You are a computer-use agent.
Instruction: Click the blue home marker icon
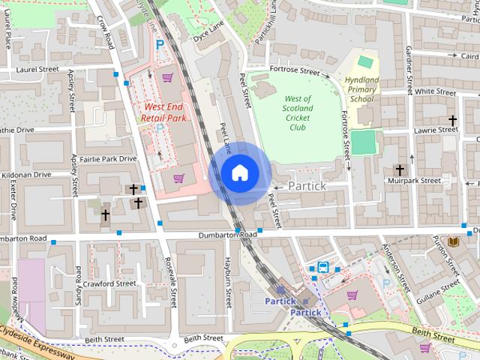coord(239,172)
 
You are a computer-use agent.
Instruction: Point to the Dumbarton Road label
coord(227,235)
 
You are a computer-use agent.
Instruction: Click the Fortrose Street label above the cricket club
coord(296,71)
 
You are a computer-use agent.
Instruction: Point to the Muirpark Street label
coord(413,181)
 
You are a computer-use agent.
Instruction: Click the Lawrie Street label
coord(436,130)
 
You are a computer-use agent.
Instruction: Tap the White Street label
coord(435,91)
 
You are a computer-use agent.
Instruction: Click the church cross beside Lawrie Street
coord(452,120)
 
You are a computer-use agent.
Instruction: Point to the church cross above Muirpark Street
coord(400,170)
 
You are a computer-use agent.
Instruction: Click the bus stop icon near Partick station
coord(322,266)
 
